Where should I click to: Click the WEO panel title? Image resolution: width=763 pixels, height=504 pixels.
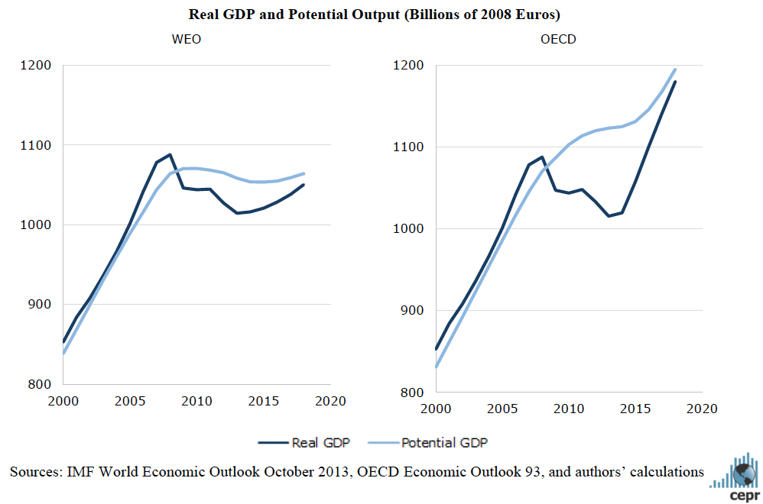click(186, 39)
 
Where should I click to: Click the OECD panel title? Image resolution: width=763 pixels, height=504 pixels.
click(559, 39)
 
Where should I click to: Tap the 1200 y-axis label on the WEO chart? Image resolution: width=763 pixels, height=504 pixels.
click(35, 65)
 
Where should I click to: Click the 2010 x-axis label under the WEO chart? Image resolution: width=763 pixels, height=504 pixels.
click(196, 400)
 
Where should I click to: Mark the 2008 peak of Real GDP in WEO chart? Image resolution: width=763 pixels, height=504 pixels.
click(170, 154)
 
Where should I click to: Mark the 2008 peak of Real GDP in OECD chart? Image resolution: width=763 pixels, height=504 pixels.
click(543, 157)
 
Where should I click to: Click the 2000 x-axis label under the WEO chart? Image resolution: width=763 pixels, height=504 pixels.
click(63, 400)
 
